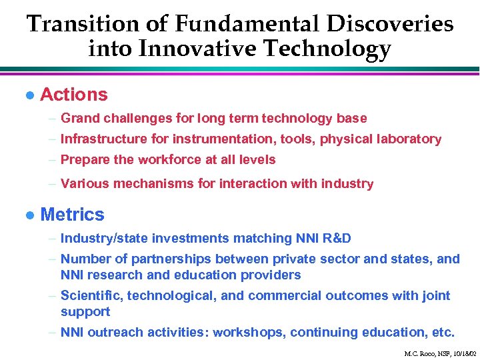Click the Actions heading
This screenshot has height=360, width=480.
(x=73, y=95)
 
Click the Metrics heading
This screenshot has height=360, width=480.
(x=72, y=215)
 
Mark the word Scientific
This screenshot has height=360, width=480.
(x=89, y=295)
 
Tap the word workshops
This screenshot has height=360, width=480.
(x=244, y=332)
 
